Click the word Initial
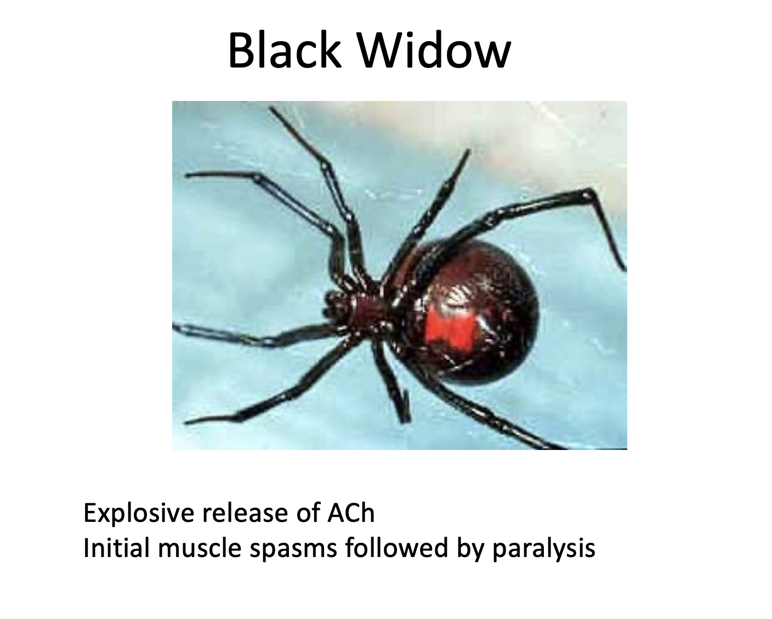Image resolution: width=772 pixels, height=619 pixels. point(111,548)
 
